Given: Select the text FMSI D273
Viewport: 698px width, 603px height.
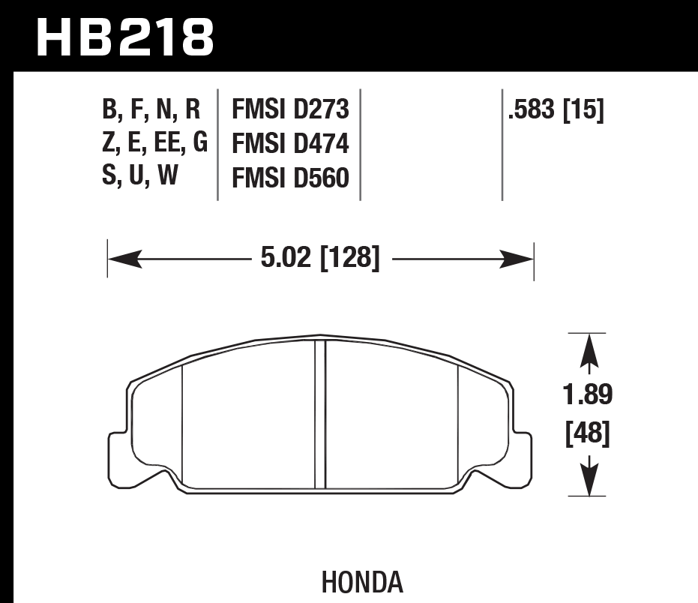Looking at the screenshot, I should (x=291, y=110).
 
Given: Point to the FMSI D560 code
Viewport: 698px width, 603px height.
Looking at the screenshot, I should (x=291, y=178).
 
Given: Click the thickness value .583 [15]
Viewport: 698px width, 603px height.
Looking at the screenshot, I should (x=556, y=110).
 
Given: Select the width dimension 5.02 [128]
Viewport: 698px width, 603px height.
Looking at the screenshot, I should (x=320, y=259).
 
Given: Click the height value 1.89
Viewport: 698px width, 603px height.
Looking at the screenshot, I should (x=589, y=394).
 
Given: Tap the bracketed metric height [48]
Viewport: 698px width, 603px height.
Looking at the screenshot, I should (x=589, y=433).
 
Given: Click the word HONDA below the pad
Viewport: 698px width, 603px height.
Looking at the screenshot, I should (x=363, y=583).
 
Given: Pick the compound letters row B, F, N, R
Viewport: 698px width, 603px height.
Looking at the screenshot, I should (x=151, y=110).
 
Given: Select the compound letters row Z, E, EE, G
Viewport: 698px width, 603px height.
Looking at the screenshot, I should (x=154, y=142).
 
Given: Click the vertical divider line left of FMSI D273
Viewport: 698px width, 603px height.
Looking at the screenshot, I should (x=217, y=144).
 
